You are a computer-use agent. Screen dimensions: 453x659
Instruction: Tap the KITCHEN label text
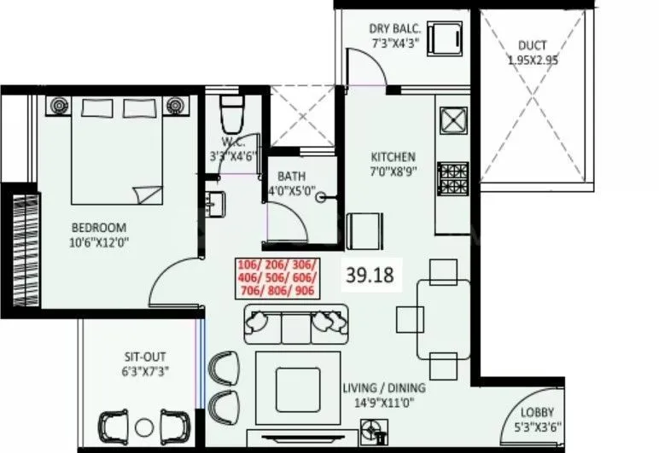[x=393, y=157]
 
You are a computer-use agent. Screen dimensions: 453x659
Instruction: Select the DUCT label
[x=533, y=45]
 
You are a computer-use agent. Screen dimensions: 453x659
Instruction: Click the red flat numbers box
[x=276, y=277]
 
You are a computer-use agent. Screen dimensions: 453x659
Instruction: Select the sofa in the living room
[x=290, y=322]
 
